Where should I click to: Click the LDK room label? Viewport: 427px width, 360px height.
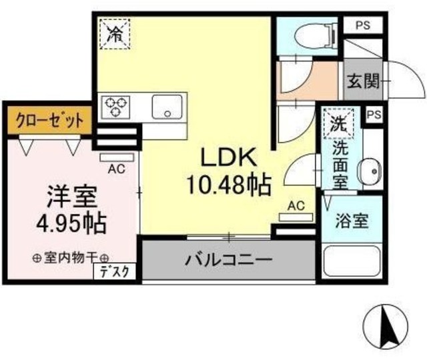[230, 157]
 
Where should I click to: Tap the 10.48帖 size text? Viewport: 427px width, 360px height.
[230, 183]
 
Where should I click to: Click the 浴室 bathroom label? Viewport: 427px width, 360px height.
[352, 220]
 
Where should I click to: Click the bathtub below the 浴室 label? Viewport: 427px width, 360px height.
[352, 263]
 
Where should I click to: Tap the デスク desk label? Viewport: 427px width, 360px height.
[118, 271]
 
